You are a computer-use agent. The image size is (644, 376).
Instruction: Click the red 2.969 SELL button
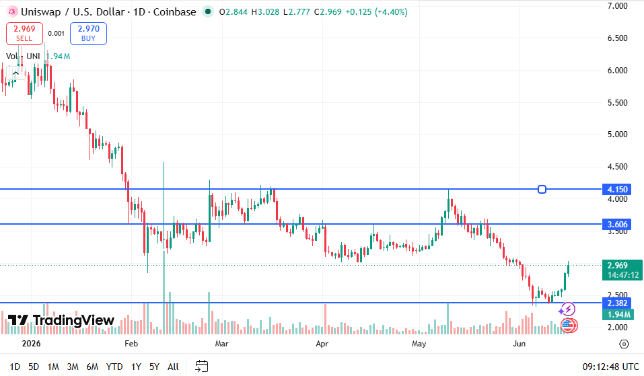tap(24, 33)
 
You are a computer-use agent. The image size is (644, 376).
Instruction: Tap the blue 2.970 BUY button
tap(88, 33)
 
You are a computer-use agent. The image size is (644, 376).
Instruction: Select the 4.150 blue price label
tap(617, 189)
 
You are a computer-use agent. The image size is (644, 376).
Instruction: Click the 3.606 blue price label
tap(617, 224)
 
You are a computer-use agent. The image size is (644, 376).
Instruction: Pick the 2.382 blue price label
tap(617, 303)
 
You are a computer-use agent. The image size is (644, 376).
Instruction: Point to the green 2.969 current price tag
tap(622, 270)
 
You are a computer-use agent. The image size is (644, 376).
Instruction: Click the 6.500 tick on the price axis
tap(617, 38)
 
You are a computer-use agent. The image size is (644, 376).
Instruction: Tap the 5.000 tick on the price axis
tap(617, 135)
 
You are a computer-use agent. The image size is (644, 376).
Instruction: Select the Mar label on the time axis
tap(221, 344)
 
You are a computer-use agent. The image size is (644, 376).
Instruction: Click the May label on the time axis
tap(419, 344)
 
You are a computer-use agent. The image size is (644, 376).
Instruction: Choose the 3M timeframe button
tap(73, 367)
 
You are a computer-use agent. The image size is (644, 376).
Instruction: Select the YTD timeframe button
tap(114, 367)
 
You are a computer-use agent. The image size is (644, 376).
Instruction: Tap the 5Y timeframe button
tap(154, 367)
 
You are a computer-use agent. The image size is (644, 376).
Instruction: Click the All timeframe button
tap(174, 367)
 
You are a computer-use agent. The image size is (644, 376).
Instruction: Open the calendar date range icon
tap(202, 366)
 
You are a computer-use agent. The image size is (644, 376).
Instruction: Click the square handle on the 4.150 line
tap(542, 189)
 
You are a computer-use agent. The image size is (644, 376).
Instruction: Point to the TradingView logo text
tap(73, 320)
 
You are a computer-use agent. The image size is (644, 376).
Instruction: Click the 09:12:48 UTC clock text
tap(610, 367)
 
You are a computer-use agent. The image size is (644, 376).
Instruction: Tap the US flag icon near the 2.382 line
tap(569, 326)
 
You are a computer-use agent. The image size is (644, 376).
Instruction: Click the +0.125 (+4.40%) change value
tap(376, 12)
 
